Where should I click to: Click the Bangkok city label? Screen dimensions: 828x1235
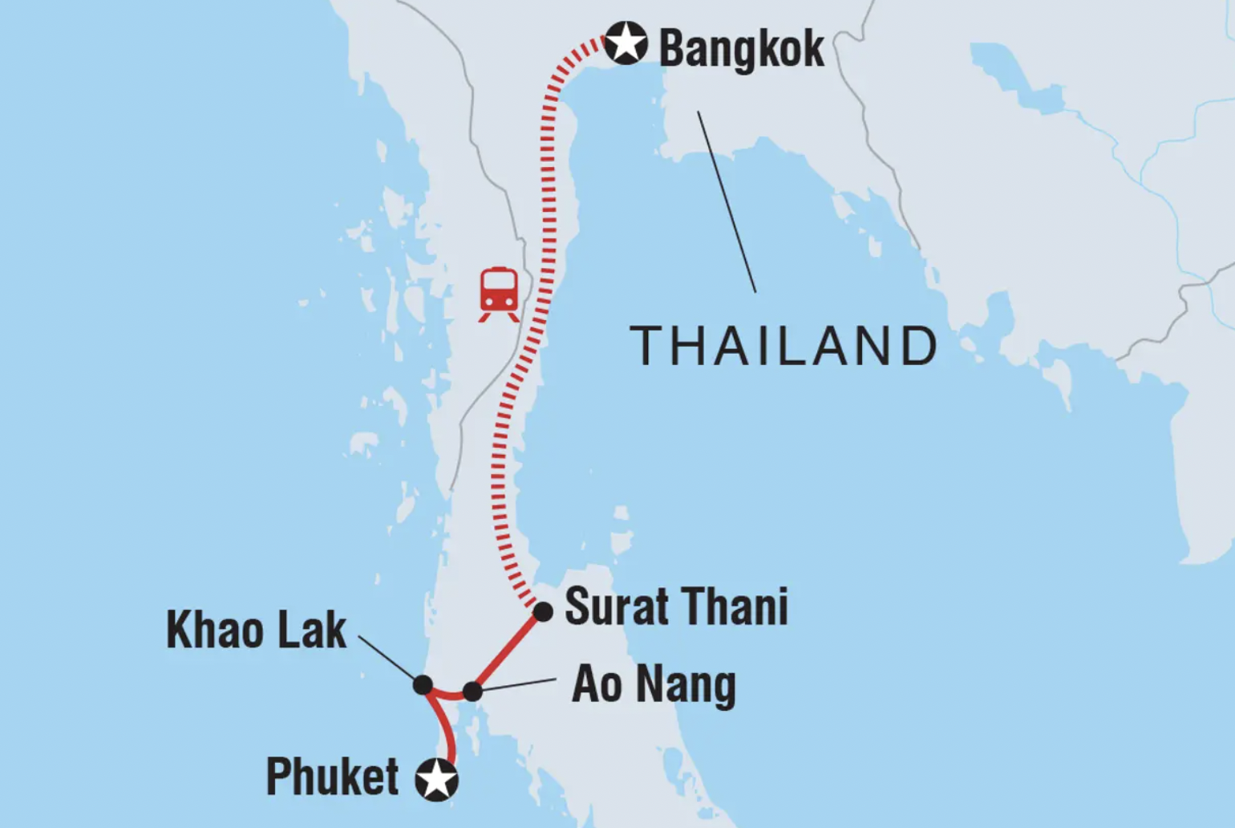741,48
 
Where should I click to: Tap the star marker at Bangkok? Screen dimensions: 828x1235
626,43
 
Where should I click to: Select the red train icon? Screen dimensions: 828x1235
499,294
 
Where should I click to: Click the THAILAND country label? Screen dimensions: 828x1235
784,346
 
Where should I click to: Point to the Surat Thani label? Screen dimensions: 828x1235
676,607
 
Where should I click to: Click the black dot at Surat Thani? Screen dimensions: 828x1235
543,612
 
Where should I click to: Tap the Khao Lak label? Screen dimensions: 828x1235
256,630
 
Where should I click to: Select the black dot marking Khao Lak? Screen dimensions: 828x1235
423,684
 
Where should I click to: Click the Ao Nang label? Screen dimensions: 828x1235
654,685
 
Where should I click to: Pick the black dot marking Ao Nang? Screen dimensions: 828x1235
473,691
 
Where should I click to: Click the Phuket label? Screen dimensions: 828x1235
332,777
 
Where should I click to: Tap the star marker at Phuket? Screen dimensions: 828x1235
437,779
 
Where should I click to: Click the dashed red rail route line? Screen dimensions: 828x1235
549,201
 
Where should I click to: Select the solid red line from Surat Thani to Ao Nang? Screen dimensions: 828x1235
508,651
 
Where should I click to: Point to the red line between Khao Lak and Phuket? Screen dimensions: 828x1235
446,726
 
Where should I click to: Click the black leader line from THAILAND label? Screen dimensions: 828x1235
727,201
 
